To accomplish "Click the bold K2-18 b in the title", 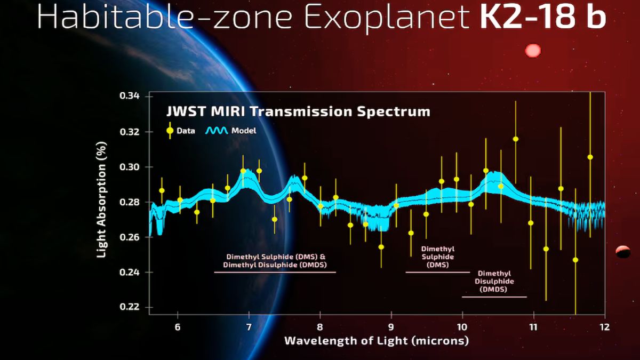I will click(x=542, y=17).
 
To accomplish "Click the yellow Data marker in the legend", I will click(x=170, y=130).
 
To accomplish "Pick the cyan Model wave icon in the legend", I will click(x=217, y=130).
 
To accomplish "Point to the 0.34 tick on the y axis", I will click(x=129, y=96).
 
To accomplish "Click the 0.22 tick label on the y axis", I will click(x=129, y=307).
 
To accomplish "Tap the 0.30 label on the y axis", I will click(x=129, y=167).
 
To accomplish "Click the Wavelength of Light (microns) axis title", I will click(x=377, y=341).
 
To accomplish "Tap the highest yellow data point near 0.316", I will click(x=516, y=139).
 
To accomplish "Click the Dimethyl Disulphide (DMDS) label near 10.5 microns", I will click(x=493, y=281).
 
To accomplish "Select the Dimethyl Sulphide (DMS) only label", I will click(x=438, y=257).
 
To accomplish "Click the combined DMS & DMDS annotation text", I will click(x=275, y=260).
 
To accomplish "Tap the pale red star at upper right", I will click(x=533, y=51).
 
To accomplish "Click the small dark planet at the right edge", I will click(x=623, y=252).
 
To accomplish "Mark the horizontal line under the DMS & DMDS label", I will click(x=275, y=272).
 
